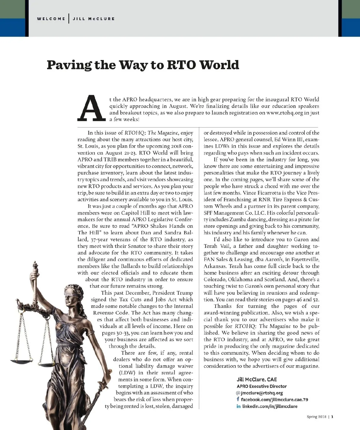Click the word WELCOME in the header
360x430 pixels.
tap(51, 19)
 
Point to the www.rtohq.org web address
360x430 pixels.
tap(284, 113)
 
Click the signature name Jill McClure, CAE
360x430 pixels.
tap(257, 380)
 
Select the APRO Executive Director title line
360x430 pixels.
tap(262, 386)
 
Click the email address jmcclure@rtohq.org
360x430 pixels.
tap(262, 393)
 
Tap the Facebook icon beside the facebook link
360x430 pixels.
tap(238, 399)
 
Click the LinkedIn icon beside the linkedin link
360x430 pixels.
tap(238, 406)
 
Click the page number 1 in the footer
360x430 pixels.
tap(332, 416)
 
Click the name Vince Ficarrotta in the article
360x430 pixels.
tap(264, 193)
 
